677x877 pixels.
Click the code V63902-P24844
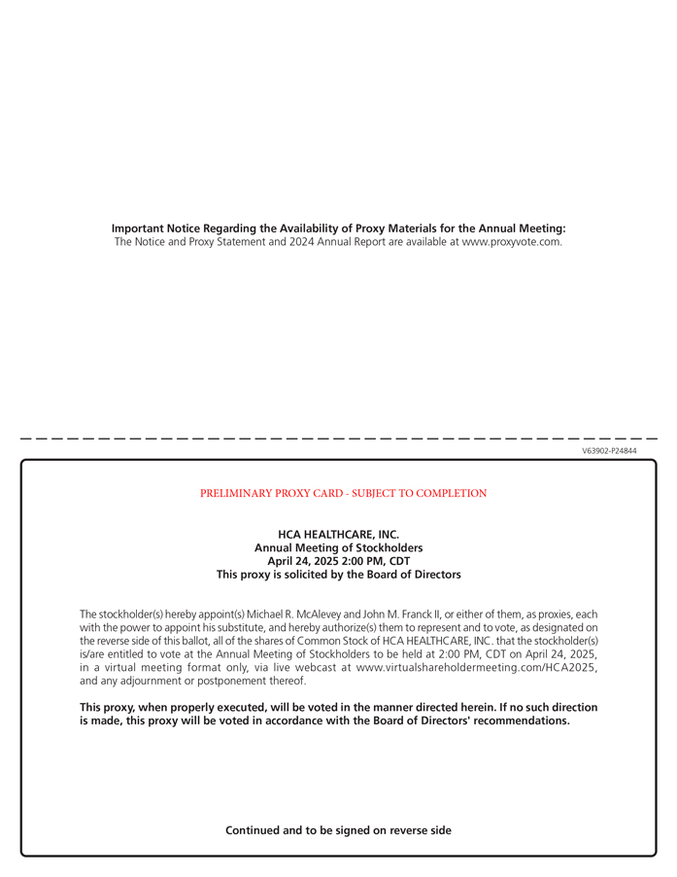click(609, 451)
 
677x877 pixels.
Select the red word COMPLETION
click(451, 493)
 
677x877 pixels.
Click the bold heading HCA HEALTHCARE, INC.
click(338, 534)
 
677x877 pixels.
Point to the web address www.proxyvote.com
click(511, 242)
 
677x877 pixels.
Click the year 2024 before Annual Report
click(302, 242)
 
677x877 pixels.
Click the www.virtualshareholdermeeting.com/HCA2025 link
click(477, 668)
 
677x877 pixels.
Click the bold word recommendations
click(521, 721)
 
